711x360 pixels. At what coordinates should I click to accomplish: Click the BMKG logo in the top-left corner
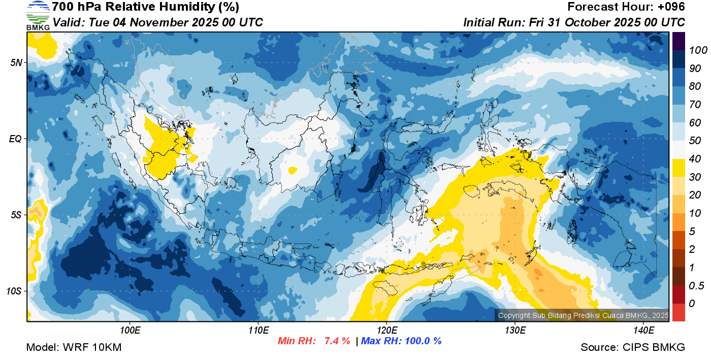(38, 15)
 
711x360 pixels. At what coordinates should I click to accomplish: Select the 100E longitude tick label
(131, 331)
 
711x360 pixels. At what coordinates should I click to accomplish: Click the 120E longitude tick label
(386, 331)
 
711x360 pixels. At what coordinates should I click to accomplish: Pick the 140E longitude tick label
(643, 331)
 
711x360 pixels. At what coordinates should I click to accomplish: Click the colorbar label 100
(698, 50)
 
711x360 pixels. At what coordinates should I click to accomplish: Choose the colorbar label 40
(695, 159)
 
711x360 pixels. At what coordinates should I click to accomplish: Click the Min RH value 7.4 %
(337, 341)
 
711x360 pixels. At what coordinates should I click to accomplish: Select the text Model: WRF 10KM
(74, 347)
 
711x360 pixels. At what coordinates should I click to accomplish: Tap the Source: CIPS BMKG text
(633, 347)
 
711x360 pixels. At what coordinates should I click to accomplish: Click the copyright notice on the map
(583, 315)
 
